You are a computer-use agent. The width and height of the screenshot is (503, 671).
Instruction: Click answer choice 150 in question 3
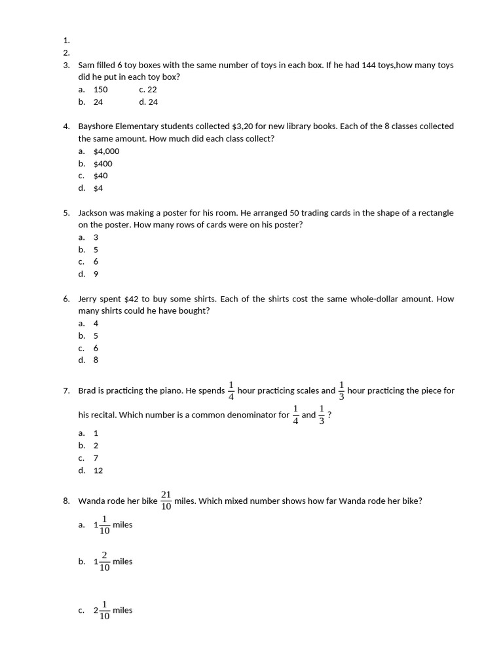point(100,89)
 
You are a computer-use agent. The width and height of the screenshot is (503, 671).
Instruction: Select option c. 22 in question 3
point(148,89)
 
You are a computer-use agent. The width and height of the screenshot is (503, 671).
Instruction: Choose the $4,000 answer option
point(106,151)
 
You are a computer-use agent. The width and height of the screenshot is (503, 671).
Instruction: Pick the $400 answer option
point(103,163)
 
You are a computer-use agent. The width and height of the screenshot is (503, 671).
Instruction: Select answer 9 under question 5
point(96,274)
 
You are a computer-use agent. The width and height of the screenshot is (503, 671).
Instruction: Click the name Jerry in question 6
point(89,299)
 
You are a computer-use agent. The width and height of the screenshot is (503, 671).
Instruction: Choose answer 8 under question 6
point(96,360)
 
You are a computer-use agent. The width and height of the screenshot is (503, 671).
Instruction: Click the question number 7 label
point(67,391)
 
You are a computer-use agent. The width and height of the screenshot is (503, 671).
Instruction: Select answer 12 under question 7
point(98,470)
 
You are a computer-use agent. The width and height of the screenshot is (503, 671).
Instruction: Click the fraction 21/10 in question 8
point(166,501)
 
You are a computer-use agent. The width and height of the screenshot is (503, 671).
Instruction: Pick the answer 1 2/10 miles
point(113,562)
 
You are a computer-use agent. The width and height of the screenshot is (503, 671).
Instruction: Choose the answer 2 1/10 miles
point(113,610)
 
